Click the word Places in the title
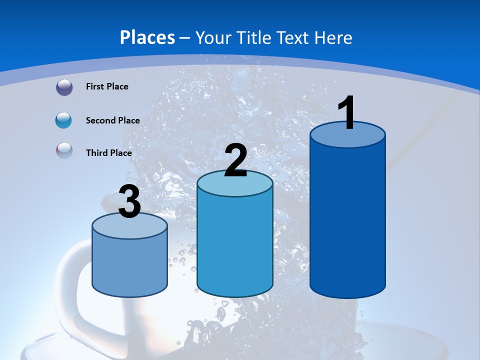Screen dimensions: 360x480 (147, 37)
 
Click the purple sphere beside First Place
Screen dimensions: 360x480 (64, 87)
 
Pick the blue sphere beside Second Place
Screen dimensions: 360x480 (63, 120)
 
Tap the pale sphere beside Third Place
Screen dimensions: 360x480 (64, 150)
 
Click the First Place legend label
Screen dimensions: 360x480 (107, 86)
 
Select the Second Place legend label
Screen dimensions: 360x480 (112, 120)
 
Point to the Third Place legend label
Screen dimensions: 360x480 (108, 153)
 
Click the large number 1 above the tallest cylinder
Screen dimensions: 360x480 (347, 113)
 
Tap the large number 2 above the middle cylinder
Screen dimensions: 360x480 (235, 160)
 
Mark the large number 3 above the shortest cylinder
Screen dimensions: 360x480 (129, 202)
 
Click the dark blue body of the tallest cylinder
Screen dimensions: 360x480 (347, 220)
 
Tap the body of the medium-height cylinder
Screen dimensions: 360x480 (235, 245)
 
